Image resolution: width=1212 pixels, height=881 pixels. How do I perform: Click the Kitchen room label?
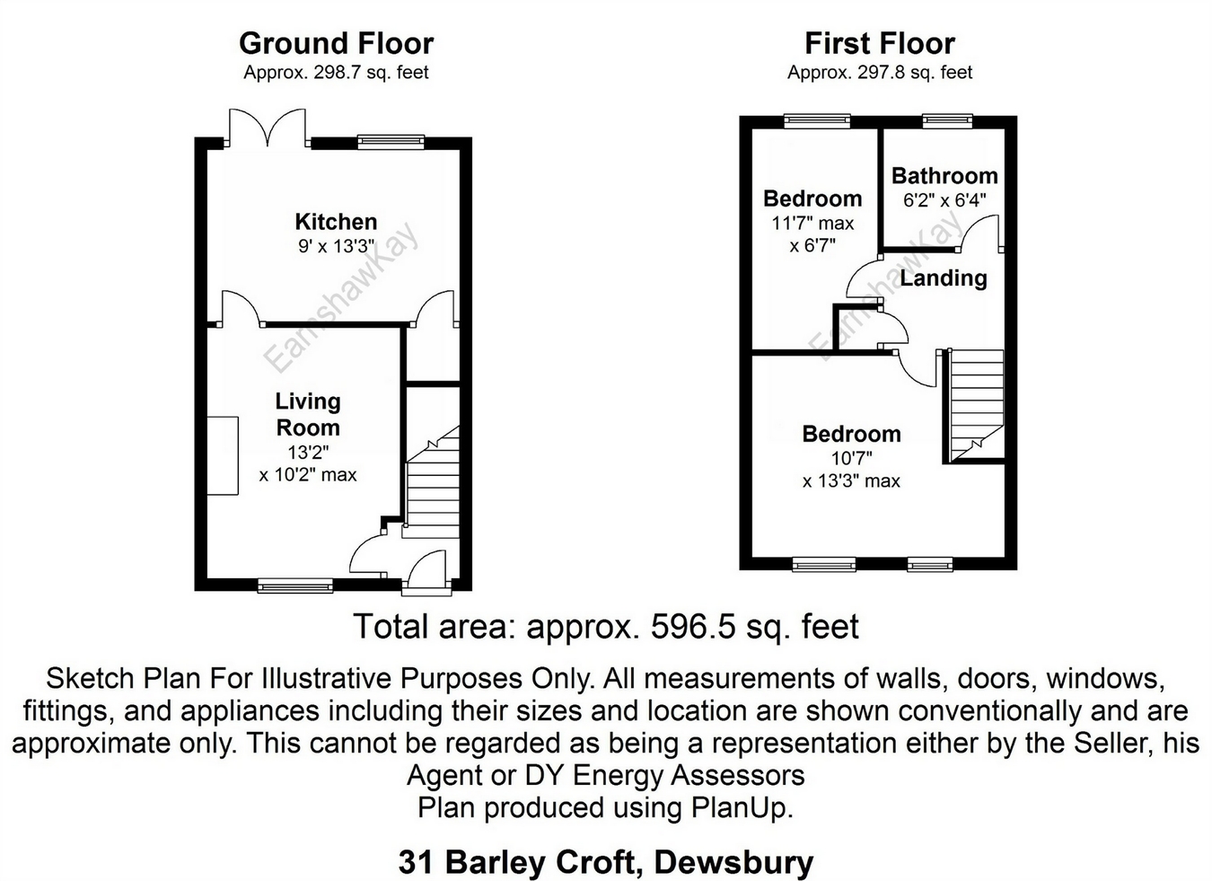coord(336,222)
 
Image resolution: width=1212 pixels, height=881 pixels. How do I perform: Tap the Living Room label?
coord(308,415)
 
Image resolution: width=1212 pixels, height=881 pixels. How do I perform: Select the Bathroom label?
coord(944,176)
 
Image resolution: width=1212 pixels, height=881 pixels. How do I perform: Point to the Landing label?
coord(944,278)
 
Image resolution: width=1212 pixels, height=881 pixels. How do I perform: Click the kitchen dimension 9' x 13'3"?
coord(336,247)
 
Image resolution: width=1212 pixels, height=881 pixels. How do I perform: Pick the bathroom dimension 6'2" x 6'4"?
coord(944,201)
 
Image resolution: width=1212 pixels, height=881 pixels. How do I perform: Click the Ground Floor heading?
coord(337,43)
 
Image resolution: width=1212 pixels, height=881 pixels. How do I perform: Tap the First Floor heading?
coord(880,43)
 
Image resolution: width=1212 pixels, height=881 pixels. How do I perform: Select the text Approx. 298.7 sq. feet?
coord(336,73)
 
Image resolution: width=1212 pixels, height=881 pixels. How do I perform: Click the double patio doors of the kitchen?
coord(268,128)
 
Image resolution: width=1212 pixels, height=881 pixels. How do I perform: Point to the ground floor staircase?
coord(433,481)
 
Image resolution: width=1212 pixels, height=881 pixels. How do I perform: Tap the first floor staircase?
coord(974,405)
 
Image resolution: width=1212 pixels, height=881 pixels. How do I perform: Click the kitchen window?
coord(391,142)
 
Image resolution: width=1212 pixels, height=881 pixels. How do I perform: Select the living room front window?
coord(294,586)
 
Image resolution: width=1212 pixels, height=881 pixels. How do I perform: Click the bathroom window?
coord(947,120)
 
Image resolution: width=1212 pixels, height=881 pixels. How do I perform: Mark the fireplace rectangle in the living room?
coord(223,455)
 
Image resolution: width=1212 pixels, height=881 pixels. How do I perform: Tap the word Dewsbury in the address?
coord(733,863)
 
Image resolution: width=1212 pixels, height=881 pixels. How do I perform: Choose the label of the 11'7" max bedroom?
coord(812,199)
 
